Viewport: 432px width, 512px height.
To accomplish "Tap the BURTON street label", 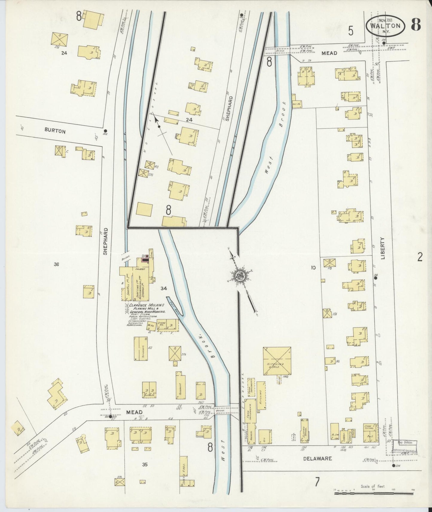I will pos(55,131).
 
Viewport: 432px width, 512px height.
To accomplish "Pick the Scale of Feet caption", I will pos(373,486).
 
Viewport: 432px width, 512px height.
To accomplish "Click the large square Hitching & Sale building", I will pos(277,361).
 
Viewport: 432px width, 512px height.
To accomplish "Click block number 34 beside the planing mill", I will pos(164,288).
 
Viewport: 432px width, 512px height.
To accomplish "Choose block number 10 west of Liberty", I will pos(313,268).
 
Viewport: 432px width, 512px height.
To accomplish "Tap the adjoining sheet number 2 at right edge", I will pos(420,257).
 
